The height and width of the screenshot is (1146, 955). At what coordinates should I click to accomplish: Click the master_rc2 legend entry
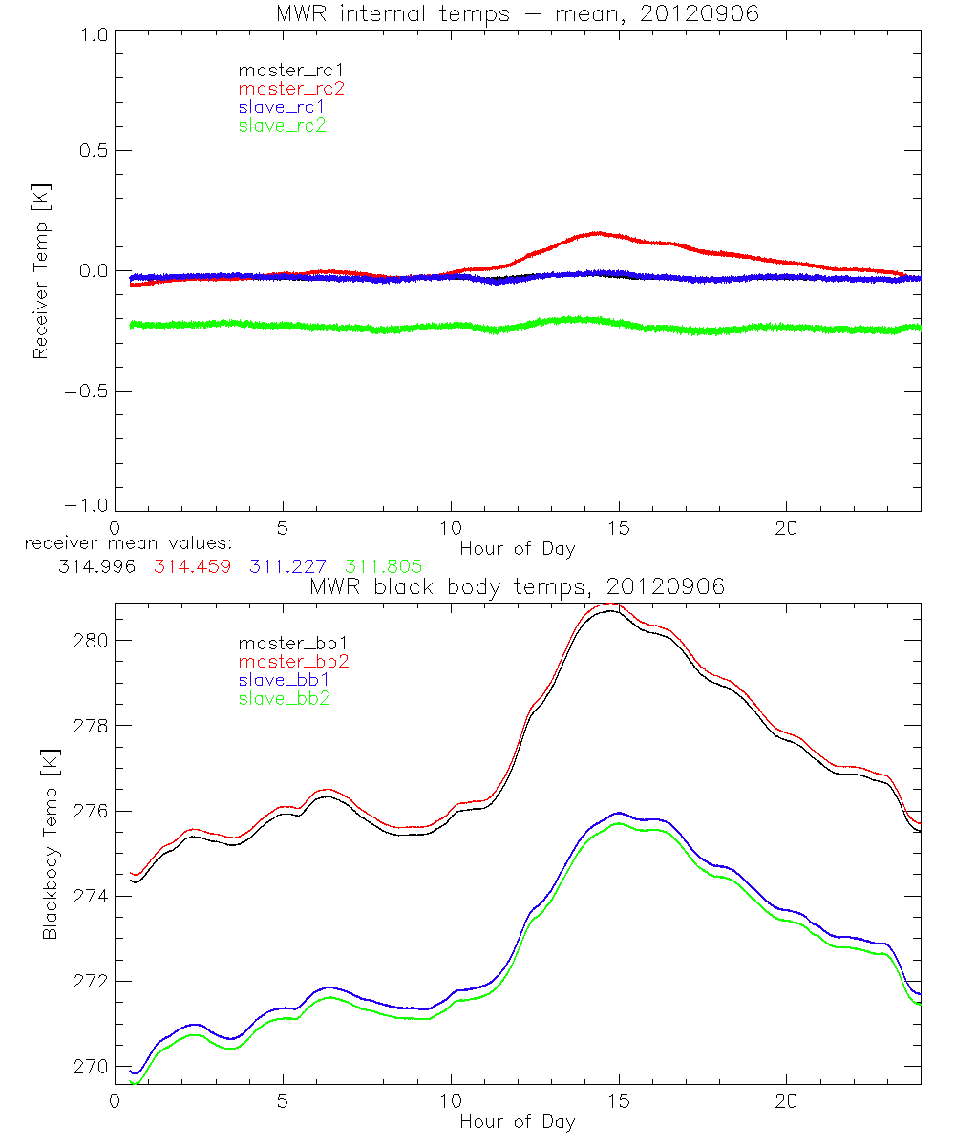pos(291,88)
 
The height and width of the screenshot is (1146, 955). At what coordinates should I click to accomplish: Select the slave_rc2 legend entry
pos(282,125)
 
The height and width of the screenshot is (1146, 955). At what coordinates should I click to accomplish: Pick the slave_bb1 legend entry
pos(282,681)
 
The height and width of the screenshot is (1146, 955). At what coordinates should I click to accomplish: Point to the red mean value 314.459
pos(192,565)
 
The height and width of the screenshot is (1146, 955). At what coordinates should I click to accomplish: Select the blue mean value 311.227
pos(287,565)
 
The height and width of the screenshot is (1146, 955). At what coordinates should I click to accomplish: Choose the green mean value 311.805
pos(383,565)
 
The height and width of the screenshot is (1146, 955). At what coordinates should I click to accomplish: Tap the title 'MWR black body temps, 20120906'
pos(518,587)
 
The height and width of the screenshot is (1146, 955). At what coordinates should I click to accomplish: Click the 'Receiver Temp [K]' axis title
pos(40,271)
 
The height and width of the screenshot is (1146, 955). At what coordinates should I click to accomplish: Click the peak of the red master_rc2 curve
pos(598,233)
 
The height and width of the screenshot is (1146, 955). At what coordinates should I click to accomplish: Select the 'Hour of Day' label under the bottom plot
pos(518,1122)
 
